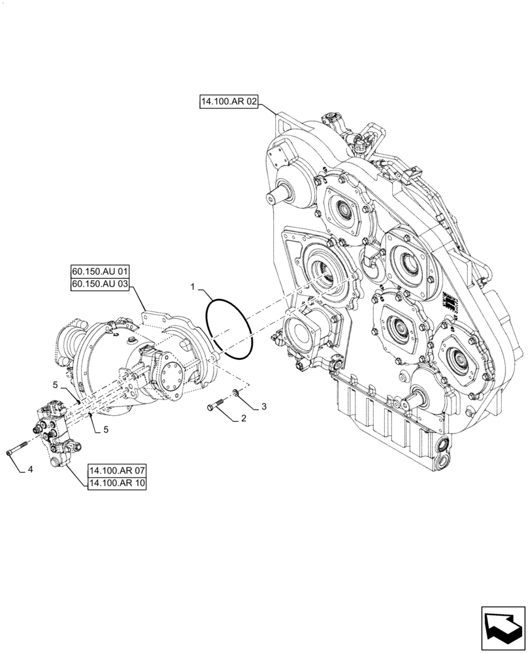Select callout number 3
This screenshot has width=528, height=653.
click(263, 407)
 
